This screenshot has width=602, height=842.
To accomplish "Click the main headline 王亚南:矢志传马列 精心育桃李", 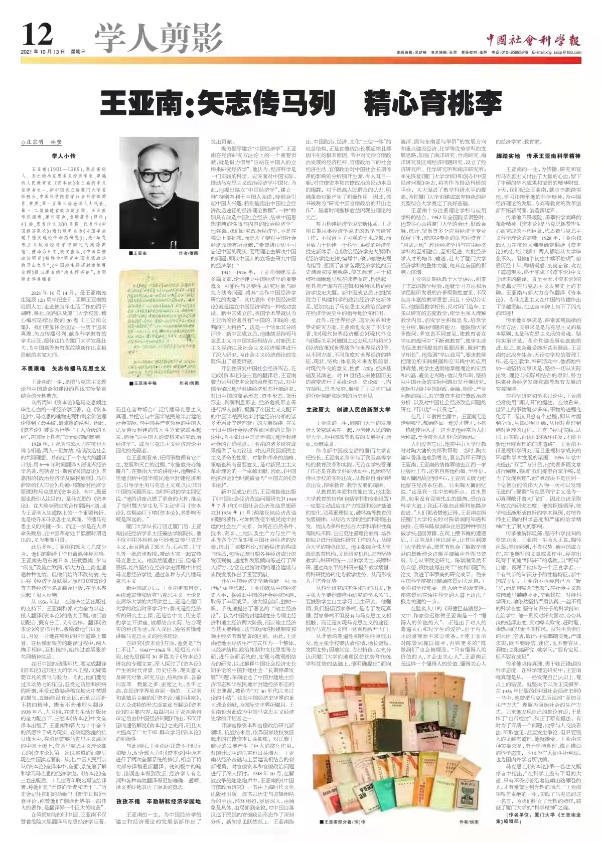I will point(301,103).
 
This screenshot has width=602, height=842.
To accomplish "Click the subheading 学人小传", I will point(64,156).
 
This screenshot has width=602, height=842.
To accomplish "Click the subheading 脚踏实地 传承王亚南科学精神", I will point(538,156).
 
